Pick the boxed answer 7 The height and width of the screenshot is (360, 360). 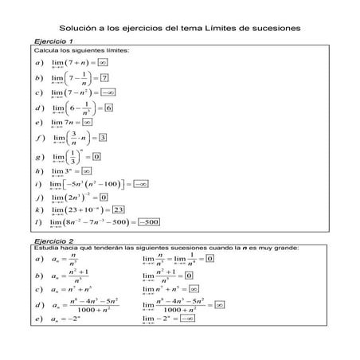click(104, 78)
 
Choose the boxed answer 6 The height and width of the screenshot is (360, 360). click(108, 108)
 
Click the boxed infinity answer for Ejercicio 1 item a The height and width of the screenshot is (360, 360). click(103, 61)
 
